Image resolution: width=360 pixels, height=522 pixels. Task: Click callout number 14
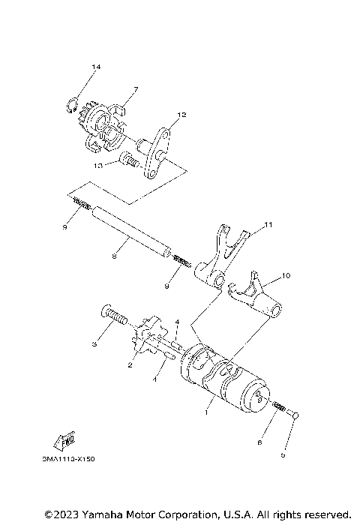click(x=95, y=67)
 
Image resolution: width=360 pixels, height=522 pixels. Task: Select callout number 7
click(x=135, y=89)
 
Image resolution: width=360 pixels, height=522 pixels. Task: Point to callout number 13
click(x=98, y=165)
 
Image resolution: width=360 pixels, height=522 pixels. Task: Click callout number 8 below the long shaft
click(x=113, y=256)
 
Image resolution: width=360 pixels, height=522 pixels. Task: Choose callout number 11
click(x=269, y=223)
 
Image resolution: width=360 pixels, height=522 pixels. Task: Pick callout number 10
click(x=286, y=277)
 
